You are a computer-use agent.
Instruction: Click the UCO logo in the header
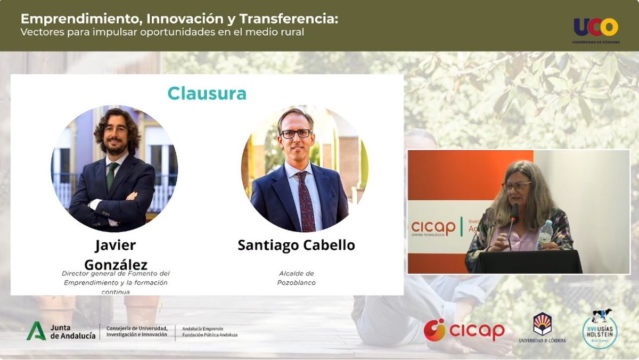click(x=596, y=28)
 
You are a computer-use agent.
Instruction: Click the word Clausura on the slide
click(x=207, y=94)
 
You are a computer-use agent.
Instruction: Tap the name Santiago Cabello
click(x=296, y=245)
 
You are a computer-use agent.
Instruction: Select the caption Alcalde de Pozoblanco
click(x=296, y=278)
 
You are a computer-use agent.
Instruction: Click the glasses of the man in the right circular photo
click(x=296, y=134)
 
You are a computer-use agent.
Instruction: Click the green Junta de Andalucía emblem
click(x=36, y=331)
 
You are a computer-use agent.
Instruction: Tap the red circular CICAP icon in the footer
click(x=435, y=330)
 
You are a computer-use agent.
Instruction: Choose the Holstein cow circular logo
click(x=600, y=329)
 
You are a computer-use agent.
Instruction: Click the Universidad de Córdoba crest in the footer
click(x=542, y=324)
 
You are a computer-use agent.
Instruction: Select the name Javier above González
click(x=116, y=245)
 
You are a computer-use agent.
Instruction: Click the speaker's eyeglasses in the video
click(x=516, y=186)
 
